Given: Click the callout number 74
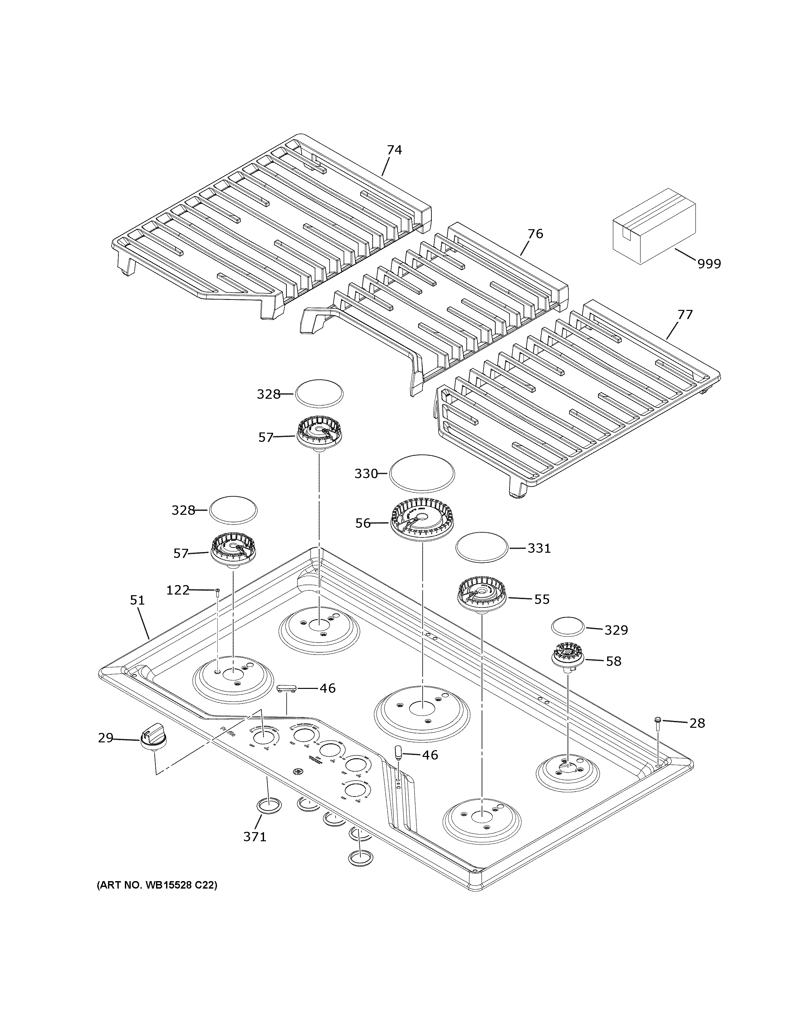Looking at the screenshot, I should (394, 150).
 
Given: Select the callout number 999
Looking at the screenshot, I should (709, 264).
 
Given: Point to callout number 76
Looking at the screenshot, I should (535, 234).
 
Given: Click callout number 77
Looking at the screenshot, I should (685, 314).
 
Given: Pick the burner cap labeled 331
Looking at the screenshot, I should (482, 547).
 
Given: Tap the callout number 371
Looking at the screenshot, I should (255, 837).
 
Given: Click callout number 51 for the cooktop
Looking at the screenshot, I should (137, 600).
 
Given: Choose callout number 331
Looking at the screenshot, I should (539, 548).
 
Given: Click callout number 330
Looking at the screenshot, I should (366, 474).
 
